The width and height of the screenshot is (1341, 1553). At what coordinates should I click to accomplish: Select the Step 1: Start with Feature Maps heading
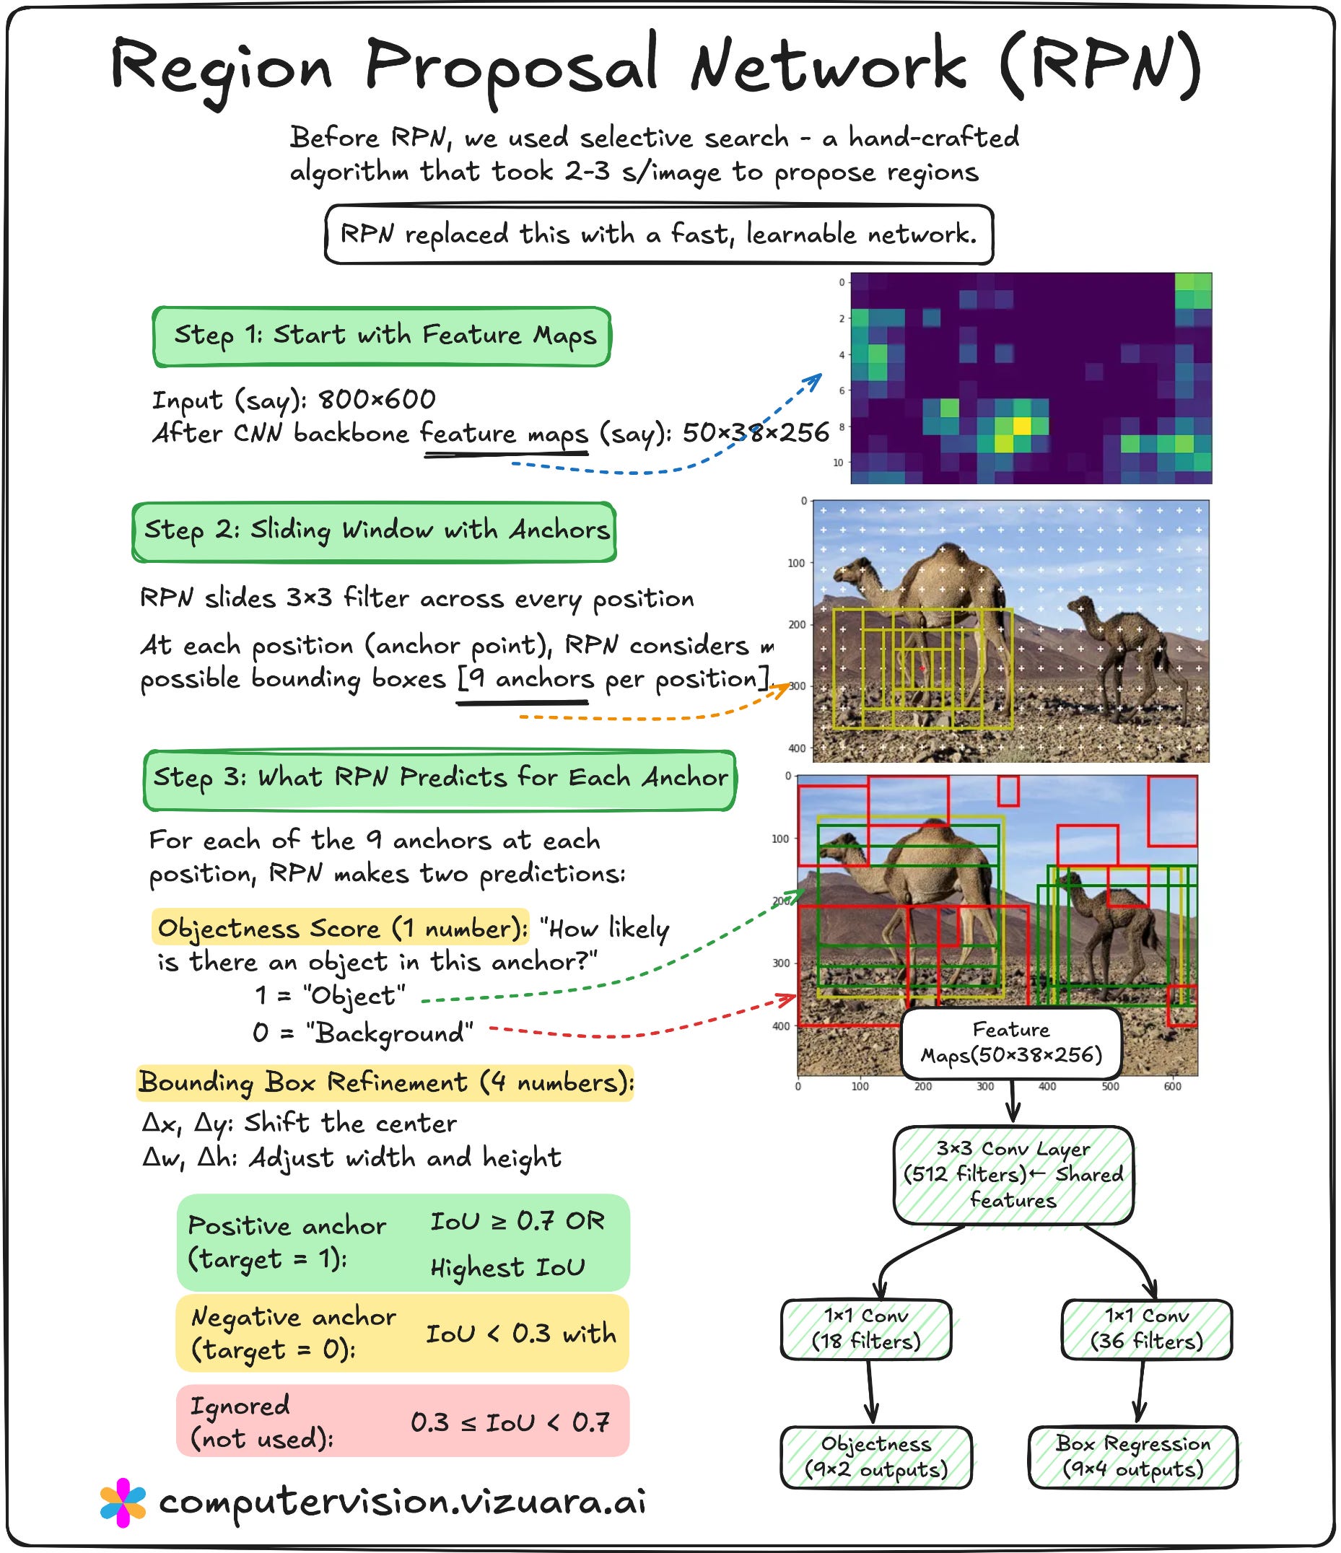383,336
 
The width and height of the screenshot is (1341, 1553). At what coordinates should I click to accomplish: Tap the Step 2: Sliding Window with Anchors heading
375,531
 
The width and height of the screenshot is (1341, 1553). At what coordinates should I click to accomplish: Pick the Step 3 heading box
440,779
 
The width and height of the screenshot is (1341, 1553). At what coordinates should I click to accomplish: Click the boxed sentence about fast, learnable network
659,235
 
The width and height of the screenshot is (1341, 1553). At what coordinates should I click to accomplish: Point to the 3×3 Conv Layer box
1013,1175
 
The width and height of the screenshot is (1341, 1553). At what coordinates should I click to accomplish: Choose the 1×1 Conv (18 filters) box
866,1328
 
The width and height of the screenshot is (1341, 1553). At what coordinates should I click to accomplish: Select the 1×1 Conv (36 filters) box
1146,1328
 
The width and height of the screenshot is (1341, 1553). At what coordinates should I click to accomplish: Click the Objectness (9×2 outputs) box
875,1456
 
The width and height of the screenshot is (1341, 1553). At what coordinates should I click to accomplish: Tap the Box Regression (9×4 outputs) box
1132,1456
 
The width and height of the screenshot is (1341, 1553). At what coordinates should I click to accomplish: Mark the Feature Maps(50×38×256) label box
1011,1043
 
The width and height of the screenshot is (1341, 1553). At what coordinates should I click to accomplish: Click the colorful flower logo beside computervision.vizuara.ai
123,1502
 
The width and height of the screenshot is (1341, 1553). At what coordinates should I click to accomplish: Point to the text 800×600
377,401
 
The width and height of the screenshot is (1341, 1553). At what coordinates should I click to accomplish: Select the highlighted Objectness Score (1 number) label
341,929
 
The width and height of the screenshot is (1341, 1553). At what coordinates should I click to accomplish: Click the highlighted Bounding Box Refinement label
385,1083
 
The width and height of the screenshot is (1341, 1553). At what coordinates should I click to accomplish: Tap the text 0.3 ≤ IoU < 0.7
510,1422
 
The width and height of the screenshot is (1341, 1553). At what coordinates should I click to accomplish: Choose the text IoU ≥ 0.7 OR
517,1221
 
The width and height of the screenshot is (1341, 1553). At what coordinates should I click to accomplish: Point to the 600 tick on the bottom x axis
1172,1086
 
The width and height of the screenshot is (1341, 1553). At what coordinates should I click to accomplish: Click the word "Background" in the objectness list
390,1033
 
